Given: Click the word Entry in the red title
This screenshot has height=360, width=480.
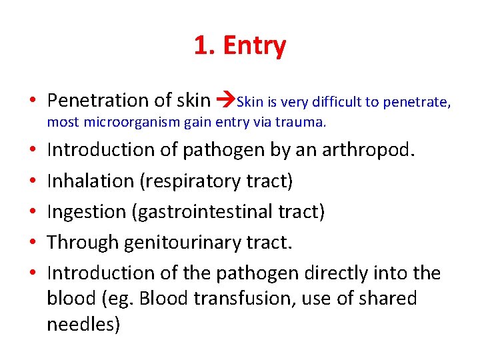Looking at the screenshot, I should [255, 46].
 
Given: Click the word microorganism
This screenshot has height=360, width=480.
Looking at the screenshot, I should [128, 122].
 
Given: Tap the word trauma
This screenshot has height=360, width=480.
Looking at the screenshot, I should [304, 122].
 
